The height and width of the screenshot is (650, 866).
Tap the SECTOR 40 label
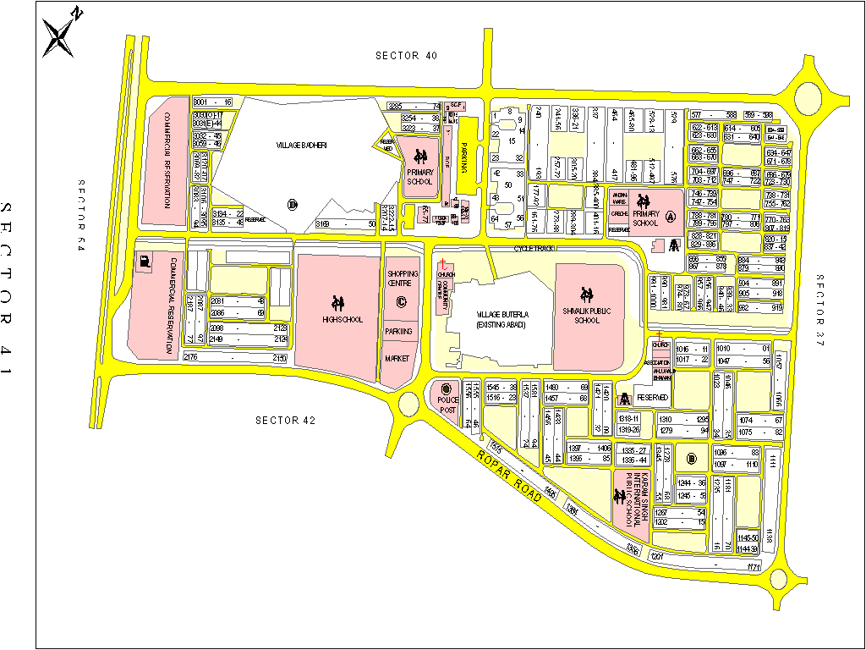tap(407, 56)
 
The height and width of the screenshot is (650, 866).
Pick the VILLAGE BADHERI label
tap(301, 145)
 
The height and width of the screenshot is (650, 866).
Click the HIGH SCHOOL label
tap(343, 319)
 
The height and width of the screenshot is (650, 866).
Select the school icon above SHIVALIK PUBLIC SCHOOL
tap(584, 294)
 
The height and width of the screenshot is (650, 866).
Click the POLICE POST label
tap(447, 405)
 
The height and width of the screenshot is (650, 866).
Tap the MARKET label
tap(397, 359)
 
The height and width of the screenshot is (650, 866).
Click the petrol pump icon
tap(147, 262)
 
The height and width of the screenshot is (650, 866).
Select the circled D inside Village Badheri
tap(293, 203)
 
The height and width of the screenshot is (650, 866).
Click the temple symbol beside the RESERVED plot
tap(625, 398)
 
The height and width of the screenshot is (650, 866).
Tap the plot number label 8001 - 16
tap(212, 102)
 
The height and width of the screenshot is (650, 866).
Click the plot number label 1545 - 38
tap(502, 387)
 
